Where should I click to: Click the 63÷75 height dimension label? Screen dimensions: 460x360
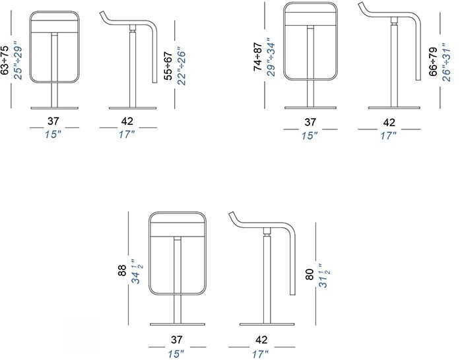click(5, 60)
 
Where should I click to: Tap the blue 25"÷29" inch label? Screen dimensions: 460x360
click(18, 60)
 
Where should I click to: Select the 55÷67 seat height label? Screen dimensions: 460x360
click(168, 66)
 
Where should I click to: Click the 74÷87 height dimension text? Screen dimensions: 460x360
click(257, 57)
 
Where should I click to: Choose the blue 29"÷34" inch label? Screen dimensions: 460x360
click(271, 57)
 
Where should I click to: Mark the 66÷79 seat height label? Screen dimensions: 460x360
click(433, 61)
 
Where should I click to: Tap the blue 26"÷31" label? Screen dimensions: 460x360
click(446, 62)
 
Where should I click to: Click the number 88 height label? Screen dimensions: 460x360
click(122, 270)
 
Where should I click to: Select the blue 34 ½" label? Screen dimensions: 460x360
click(137, 271)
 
